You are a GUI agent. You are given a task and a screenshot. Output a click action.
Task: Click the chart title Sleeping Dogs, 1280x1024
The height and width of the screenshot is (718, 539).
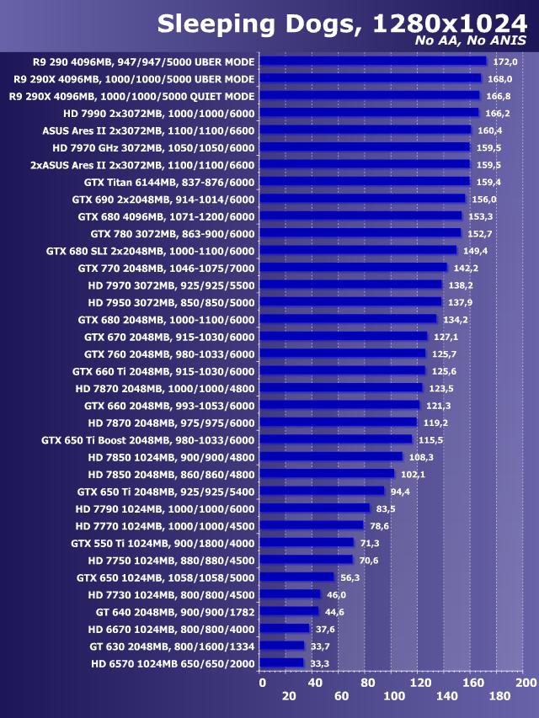pyautogui.click(x=342, y=24)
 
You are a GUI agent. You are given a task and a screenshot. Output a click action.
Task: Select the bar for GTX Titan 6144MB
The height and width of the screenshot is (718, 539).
pyautogui.click(x=365, y=181)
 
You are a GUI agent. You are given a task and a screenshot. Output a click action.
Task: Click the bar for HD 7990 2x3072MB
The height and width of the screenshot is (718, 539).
pyautogui.click(x=369, y=113)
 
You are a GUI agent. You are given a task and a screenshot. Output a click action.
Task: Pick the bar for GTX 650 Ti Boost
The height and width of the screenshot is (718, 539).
pyautogui.click(x=336, y=439)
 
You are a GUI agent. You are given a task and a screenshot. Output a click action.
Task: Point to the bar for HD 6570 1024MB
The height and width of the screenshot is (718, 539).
pyautogui.click(x=282, y=663)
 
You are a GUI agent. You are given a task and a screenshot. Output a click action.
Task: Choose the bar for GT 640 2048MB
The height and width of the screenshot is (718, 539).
pyautogui.click(x=290, y=611)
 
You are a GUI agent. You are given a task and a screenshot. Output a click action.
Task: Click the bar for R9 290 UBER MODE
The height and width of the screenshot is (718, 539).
pyautogui.click(x=373, y=61)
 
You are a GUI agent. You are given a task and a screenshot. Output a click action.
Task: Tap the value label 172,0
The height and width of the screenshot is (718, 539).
pyautogui.click(x=504, y=61)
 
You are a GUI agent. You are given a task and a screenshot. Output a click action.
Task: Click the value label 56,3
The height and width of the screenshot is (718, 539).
pyautogui.click(x=350, y=577)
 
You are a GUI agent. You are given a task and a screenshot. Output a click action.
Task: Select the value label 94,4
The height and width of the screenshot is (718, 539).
pyautogui.click(x=401, y=492)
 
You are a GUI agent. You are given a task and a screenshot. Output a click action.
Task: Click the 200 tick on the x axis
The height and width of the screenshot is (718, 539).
pyautogui.click(x=525, y=682)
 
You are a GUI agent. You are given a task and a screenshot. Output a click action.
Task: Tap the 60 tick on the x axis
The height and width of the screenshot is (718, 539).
pyautogui.click(x=340, y=696)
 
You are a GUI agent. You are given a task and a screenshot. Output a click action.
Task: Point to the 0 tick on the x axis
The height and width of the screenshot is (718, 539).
pyautogui.click(x=262, y=682)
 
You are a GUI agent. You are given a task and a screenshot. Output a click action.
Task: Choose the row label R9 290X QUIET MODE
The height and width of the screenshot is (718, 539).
pyautogui.click(x=131, y=96)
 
